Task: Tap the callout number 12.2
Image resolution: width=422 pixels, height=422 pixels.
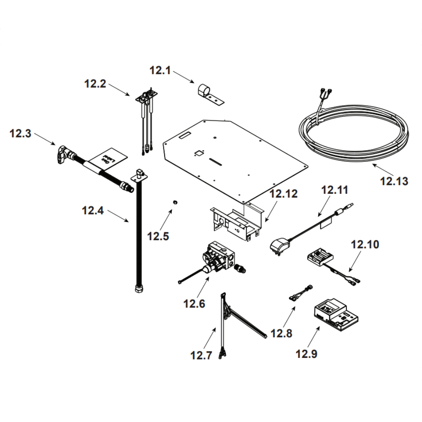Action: pyautogui.click(x=95, y=84)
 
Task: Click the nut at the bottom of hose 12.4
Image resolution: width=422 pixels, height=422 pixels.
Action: pyautogui.click(x=138, y=289)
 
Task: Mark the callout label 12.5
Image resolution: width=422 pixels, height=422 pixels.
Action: pyautogui.click(x=158, y=236)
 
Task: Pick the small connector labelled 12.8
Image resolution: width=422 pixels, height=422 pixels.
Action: pyautogui.click(x=300, y=292)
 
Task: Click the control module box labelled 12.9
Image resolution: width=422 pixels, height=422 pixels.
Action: pyautogui.click(x=336, y=314)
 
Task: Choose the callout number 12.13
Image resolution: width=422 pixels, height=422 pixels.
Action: pyautogui.click(x=394, y=181)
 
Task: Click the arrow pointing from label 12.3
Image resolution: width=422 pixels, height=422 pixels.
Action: pyautogui.click(x=44, y=139)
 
